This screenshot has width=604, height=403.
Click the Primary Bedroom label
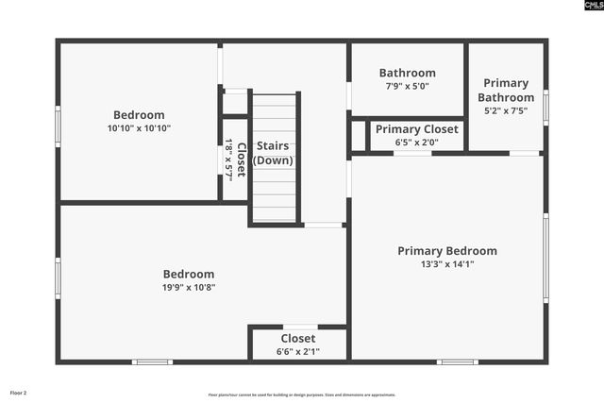click(x=446, y=250)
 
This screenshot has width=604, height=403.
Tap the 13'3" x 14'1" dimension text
click(x=446, y=264)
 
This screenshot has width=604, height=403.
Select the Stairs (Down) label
click(x=273, y=153)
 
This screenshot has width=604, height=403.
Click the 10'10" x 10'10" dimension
click(x=139, y=128)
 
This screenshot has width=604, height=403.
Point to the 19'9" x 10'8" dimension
click(x=188, y=288)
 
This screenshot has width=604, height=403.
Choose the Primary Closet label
click(x=416, y=129)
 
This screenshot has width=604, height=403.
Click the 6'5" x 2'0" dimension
click(x=416, y=143)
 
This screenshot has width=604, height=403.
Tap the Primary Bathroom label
click(x=505, y=90)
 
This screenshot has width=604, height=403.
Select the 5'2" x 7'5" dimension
click(x=505, y=110)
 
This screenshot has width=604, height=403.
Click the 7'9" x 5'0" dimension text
click(x=407, y=87)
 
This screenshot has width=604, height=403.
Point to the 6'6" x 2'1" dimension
click(x=297, y=352)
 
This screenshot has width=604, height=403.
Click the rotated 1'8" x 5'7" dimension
click(x=229, y=160)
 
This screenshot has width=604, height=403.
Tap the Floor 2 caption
click(x=19, y=393)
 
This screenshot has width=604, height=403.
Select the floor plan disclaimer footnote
click(x=302, y=395)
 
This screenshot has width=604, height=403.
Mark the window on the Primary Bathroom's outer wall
click(x=545, y=106)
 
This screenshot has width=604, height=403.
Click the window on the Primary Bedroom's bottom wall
click(x=458, y=361)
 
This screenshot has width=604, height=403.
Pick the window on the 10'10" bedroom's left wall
click(x=59, y=125)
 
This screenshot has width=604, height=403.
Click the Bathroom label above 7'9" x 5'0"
click(x=407, y=73)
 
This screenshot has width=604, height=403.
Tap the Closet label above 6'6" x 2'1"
click(x=297, y=338)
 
